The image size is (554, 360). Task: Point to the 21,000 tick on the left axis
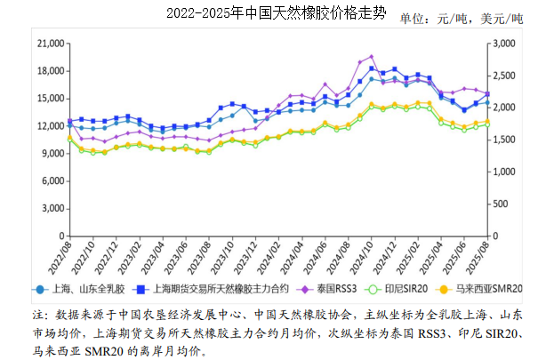coord(50,43)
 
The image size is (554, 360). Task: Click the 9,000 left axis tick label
coord(52,154)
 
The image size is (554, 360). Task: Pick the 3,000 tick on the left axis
coord(52,209)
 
